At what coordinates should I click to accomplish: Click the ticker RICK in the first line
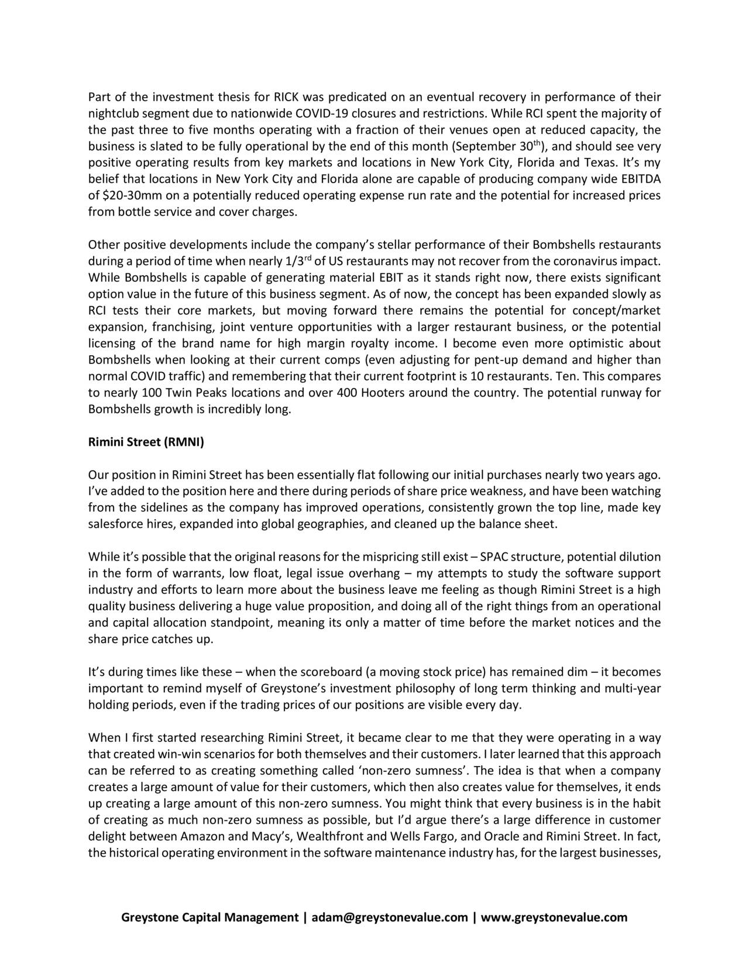[x=286, y=97]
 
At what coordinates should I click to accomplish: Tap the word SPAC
[x=492, y=556]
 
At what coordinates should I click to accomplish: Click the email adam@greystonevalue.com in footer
[x=389, y=917]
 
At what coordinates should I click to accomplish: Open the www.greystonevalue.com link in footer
[x=554, y=917]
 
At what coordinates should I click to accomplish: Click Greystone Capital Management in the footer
[x=209, y=917]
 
